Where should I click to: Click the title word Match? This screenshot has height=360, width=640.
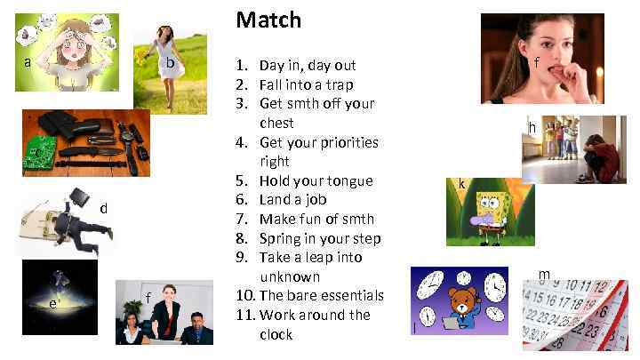(x=268, y=20)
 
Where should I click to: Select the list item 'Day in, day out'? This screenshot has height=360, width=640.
(x=307, y=65)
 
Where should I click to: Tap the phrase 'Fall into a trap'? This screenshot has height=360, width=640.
(x=306, y=84)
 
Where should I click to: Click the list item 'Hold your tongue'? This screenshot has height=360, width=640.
(x=316, y=180)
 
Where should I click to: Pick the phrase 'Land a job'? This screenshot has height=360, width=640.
(x=292, y=200)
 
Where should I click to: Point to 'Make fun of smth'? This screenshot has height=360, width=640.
(x=316, y=219)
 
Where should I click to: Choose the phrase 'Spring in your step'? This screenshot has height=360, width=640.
(x=320, y=238)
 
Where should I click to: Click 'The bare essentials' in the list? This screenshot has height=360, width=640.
(x=321, y=295)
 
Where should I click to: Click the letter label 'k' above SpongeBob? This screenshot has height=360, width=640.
(x=462, y=184)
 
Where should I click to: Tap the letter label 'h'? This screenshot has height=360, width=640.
(x=532, y=128)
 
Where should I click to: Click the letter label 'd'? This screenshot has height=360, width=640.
(x=104, y=208)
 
